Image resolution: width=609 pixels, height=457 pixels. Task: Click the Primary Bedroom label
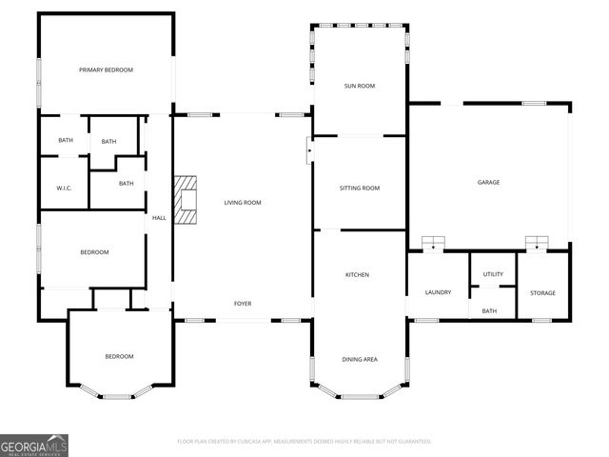[x=106, y=70]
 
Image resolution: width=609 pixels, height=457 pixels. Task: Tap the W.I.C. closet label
[x=64, y=188]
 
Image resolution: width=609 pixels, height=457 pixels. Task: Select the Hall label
[x=159, y=218]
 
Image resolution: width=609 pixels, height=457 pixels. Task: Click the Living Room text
[x=243, y=203]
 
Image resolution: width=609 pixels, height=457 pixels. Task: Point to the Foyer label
[x=243, y=304]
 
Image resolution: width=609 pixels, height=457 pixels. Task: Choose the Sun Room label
[x=359, y=86]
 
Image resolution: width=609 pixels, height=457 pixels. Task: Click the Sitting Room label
[x=359, y=189]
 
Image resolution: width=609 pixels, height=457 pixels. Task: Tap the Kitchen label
[x=357, y=275]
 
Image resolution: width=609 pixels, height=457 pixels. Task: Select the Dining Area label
[x=360, y=359]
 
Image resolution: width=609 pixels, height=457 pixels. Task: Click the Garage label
[x=488, y=182]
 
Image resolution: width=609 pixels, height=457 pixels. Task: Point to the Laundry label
[x=438, y=292]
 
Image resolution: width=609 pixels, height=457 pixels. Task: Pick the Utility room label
[x=493, y=274]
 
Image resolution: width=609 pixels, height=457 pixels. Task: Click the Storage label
[x=542, y=292]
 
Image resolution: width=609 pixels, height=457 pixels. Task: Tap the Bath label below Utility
[x=489, y=311]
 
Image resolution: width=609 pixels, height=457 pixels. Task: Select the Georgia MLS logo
[x=34, y=445]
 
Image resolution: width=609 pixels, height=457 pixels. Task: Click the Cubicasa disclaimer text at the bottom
[x=304, y=442]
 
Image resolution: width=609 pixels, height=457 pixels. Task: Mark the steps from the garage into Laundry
[x=434, y=244]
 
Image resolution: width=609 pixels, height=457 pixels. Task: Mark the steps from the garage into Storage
[x=539, y=244]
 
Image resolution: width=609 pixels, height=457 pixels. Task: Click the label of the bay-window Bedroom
[x=119, y=356]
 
